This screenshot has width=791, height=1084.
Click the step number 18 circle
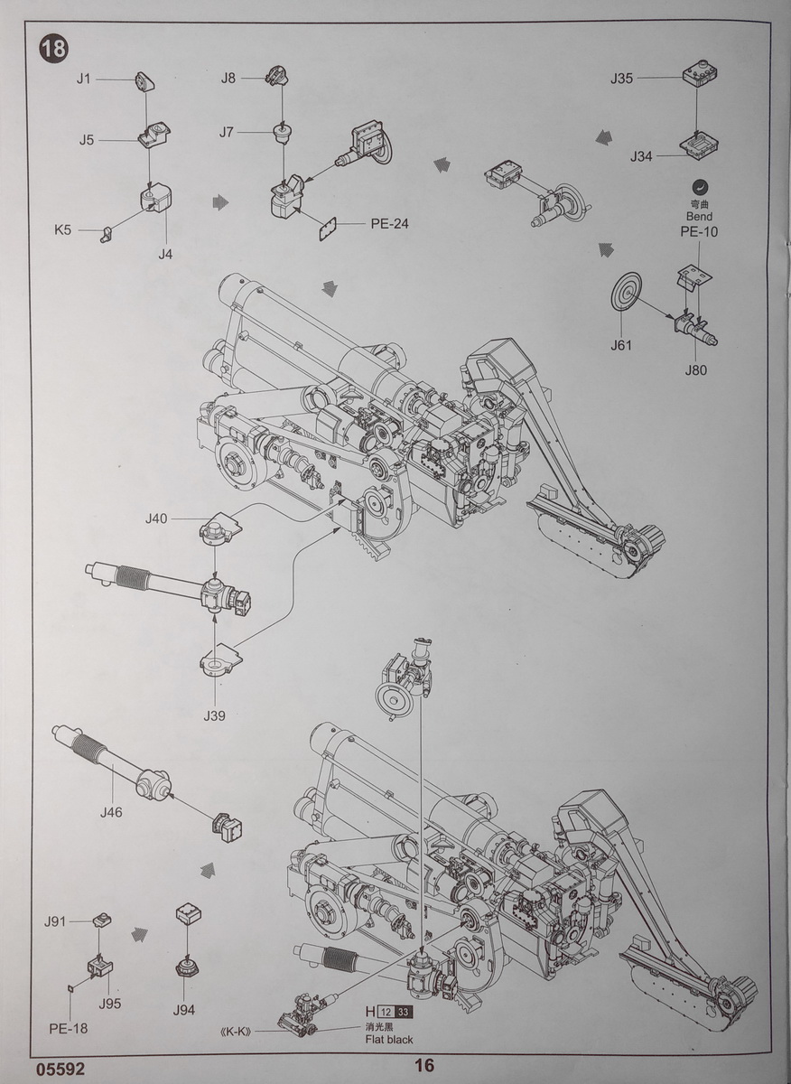[x=53, y=48]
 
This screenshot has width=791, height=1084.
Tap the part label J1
[x=84, y=79]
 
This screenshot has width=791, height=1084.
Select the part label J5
[x=87, y=140]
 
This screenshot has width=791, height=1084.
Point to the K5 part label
[x=62, y=230]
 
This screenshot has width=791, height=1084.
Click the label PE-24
[x=388, y=223]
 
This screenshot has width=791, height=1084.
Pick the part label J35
[x=621, y=79]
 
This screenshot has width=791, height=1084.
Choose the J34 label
[x=641, y=157]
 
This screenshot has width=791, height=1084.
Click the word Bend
[x=698, y=217]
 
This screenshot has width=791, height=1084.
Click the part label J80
[x=696, y=369]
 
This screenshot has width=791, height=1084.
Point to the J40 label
[x=156, y=519]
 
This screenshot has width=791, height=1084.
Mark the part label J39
[x=214, y=715]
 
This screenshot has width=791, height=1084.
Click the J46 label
[x=111, y=812]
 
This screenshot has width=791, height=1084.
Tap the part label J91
[x=55, y=921]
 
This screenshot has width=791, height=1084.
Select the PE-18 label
[x=69, y=1028]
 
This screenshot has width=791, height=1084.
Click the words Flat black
[x=389, y=1040]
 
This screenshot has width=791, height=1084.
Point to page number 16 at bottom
[x=426, y=1067]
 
